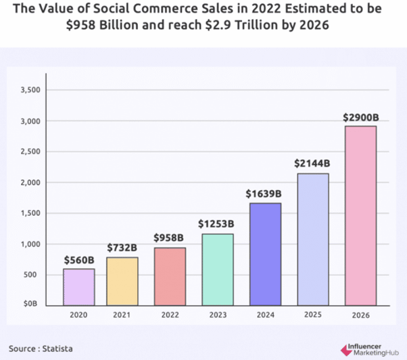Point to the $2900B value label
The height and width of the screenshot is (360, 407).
[361, 117]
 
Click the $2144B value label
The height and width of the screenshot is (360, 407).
[312, 163]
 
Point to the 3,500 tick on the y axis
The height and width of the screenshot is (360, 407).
[32, 91]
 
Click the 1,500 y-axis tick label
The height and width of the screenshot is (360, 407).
[32, 213]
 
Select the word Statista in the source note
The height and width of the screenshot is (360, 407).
[56, 348]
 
